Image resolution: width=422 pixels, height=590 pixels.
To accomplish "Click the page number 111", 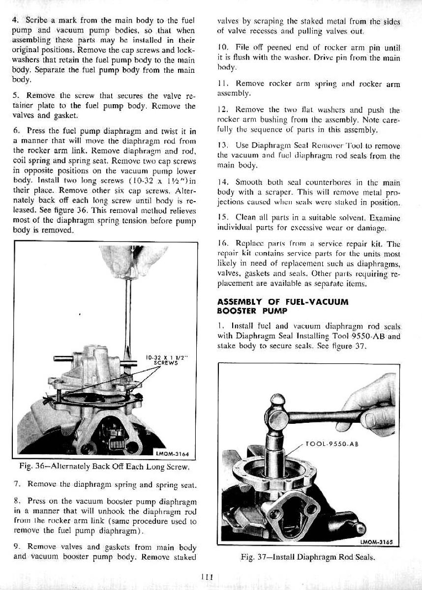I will tap(207, 578).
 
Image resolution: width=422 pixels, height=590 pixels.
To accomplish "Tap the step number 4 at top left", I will tap(15, 21).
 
